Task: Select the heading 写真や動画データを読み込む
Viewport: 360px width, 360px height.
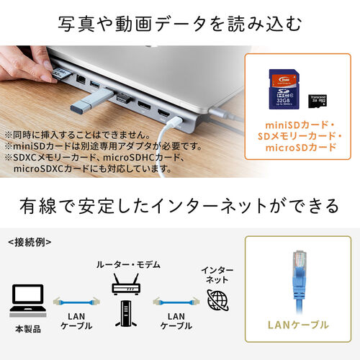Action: pos(180,24)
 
